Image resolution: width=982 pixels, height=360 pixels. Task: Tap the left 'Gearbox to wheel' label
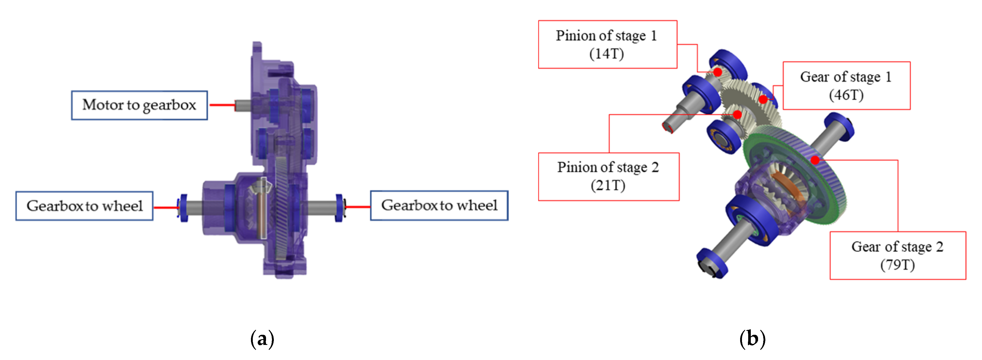(84, 206)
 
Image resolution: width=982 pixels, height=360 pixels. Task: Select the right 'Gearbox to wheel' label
(439, 206)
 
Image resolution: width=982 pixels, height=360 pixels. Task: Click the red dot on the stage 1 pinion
(718, 72)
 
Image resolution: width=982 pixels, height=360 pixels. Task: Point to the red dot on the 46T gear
(763, 100)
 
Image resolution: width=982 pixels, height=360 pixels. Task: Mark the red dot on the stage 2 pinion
(737, 114)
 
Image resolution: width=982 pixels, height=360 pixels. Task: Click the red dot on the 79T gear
(815, 160)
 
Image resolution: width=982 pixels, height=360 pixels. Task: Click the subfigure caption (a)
(262, 339)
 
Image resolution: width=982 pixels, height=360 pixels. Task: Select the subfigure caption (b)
(752, 339)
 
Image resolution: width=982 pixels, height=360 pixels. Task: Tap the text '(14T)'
(607, 54)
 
